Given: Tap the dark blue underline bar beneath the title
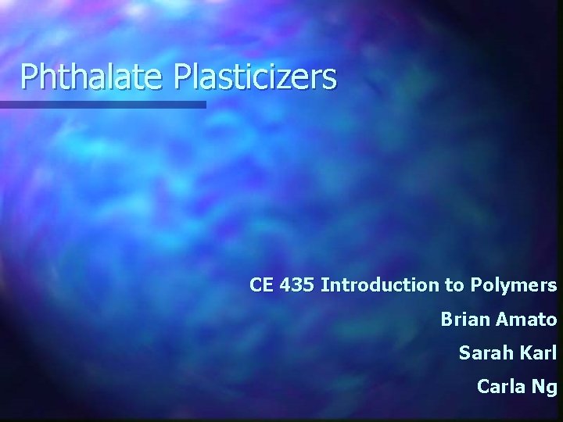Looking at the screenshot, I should [102, 104].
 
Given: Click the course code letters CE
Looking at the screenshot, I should [263, 285].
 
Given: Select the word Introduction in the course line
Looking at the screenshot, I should [381, 285].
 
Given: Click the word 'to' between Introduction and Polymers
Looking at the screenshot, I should [455, 285].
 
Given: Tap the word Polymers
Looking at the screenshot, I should [513, 286].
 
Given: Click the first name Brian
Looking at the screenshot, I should [464, 320].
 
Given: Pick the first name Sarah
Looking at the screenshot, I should [484, 353].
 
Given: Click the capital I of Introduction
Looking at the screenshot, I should [324, 285].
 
